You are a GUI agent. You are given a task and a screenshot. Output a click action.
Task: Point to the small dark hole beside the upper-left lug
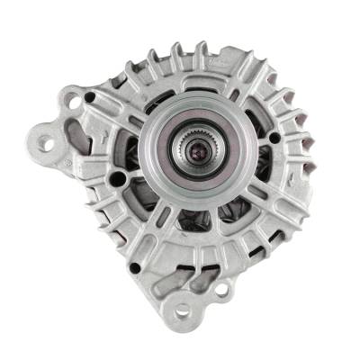click(x=91, y=97)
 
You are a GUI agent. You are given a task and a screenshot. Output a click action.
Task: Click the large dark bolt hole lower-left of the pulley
click(x=118, y=180)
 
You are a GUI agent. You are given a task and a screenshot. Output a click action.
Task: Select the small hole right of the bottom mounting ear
click(x=220, y=290)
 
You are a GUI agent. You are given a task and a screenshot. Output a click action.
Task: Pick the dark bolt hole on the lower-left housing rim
click(x=135, y=266)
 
